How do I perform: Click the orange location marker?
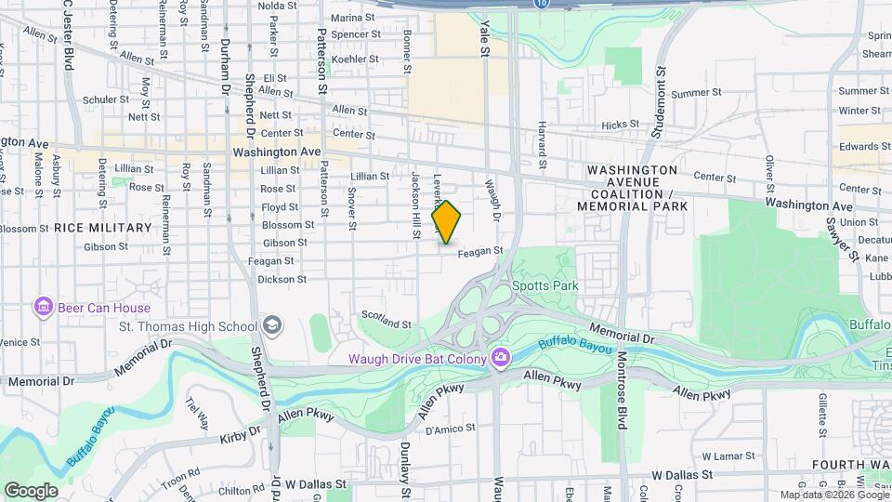(x=447, y=222)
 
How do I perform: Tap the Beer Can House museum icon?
(x=42, y=306)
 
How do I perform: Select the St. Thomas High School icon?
(x=272, y=325)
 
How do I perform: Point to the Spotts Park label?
(x=544, y=285)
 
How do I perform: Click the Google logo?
(x=31, y=490)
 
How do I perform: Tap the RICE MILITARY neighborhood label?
(x=102, y=228)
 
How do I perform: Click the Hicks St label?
(x=621, y=124)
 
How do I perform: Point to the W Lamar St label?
(x=725, y=456)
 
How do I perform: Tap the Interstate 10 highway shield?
(x=542, y=5)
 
